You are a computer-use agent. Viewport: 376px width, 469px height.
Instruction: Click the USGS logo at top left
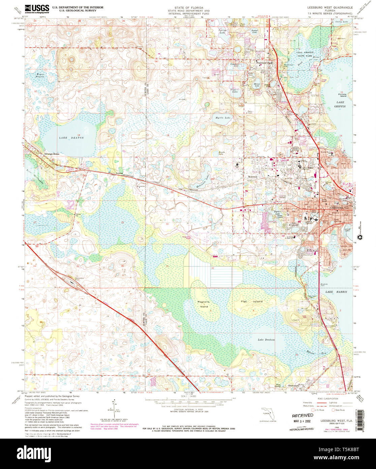[37, 8]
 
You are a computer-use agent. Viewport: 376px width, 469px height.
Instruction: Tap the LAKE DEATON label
[66, 138]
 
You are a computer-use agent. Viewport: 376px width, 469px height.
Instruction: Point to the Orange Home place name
[52, 154]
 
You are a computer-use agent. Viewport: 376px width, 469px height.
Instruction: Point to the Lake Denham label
[267, 339]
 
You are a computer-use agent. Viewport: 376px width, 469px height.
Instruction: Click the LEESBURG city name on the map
[335, 208]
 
